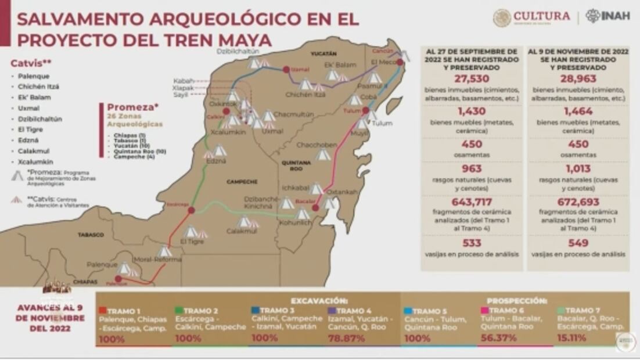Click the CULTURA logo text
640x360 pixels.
click(x=541, y=16)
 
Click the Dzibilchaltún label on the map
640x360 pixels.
click(x=236, y=51)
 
